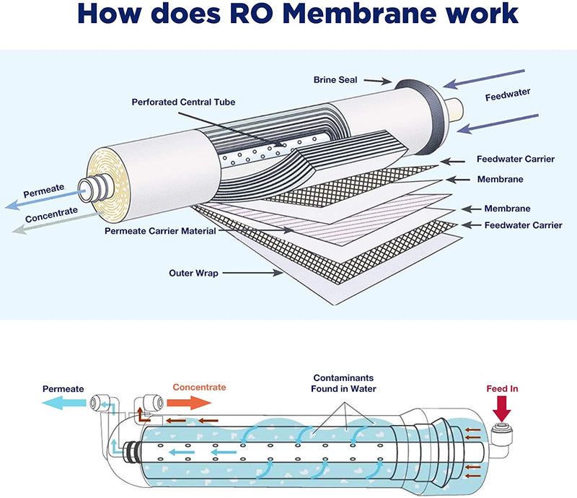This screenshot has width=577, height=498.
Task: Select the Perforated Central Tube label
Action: pyautogui.click(x=183, y=102)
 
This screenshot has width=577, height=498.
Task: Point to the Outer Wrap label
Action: pyautogui.click(x=193, y=273)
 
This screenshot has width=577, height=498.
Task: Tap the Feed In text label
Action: pyautogui.click(x=503, y=389)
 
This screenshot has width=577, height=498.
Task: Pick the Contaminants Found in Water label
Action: pyautogui.click(x=344, y=383)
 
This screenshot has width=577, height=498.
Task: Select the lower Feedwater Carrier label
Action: pyautogui.click(x=523, y=225)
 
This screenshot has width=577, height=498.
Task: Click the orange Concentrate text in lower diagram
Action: pyautogui.click(x=199, y=388)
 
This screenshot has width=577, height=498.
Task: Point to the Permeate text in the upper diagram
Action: pyautogui.click(x=45, y=193)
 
